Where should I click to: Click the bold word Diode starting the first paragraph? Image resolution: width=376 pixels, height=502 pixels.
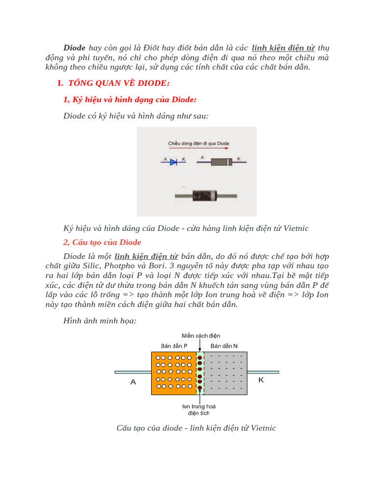pos(74,48)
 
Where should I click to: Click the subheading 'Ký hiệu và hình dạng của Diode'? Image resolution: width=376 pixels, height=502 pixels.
pos(130,100)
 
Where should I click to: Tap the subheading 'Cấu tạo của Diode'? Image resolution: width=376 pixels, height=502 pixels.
pos(102,242)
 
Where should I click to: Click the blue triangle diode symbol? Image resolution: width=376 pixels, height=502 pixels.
pos(173,162)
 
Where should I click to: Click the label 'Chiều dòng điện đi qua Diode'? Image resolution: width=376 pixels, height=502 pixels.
pos(198,144)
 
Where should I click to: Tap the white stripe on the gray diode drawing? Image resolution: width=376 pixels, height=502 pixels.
pos(228,162)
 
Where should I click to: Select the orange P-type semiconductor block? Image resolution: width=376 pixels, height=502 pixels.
pos(174,373)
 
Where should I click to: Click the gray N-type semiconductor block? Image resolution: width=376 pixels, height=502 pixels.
pos(225,373)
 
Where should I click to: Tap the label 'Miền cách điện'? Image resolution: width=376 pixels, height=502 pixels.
pos(201,336)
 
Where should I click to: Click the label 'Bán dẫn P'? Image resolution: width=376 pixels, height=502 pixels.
pos(174,346)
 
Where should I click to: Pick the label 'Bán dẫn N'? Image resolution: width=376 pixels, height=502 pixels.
pos(224,346)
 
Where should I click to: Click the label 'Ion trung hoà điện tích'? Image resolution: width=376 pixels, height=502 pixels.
pos(199,410)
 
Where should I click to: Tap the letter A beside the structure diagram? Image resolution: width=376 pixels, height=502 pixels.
pos(133,382)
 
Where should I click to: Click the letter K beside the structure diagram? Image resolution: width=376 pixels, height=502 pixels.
pos(261,380)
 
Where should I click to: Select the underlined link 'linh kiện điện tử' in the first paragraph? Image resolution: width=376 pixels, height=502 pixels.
pos(283,48)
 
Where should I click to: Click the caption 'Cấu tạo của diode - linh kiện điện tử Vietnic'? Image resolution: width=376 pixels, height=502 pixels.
pos(196,428)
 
